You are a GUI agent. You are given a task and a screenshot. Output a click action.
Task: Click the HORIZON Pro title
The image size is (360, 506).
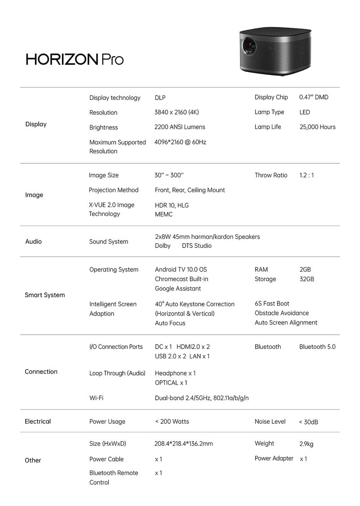(x=75, y=59)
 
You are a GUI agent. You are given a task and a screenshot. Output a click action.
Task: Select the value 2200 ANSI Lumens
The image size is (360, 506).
(x=180, y=127)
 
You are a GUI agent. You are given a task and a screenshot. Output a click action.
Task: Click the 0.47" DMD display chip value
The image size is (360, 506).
(x=314, y=97)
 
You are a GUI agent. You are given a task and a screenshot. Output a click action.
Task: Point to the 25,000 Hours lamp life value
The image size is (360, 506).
(x=317, y=127)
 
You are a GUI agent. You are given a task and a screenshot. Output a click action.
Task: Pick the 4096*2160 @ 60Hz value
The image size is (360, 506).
(x=180, y=142)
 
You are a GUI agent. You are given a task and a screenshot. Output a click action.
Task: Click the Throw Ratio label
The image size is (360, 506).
(x=271, y=175)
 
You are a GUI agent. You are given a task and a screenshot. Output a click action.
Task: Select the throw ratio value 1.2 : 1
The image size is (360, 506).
(x=306, y=175)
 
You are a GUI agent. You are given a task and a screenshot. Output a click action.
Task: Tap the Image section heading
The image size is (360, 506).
(x=34, y=195)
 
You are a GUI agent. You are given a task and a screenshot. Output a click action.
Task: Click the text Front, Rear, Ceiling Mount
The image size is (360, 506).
(x=190, y=190)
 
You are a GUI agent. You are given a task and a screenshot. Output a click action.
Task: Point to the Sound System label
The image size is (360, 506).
(x=108, y=242)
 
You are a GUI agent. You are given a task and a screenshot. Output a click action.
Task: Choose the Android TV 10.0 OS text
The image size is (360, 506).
(x=181, y=269)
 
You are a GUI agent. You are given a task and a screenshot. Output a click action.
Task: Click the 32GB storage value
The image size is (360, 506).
(x=306, y=279)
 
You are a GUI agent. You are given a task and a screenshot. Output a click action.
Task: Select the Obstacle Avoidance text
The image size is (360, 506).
(x=282, y=313)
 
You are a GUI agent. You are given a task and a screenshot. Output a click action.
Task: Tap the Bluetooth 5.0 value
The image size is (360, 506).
(x=317, y=347)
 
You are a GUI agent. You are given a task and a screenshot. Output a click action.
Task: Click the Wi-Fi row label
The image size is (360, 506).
(x=96, y=398)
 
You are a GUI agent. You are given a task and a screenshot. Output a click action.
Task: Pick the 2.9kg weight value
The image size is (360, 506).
(x=306, y=444)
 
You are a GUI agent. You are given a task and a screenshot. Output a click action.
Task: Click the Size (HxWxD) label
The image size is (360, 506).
(x=108, y=443)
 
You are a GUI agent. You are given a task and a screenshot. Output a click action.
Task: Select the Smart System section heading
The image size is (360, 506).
(x=45, y=295)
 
